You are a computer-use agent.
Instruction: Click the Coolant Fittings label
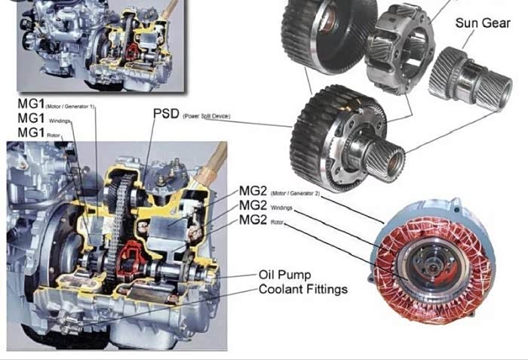303,290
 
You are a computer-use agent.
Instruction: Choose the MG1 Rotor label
33,133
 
